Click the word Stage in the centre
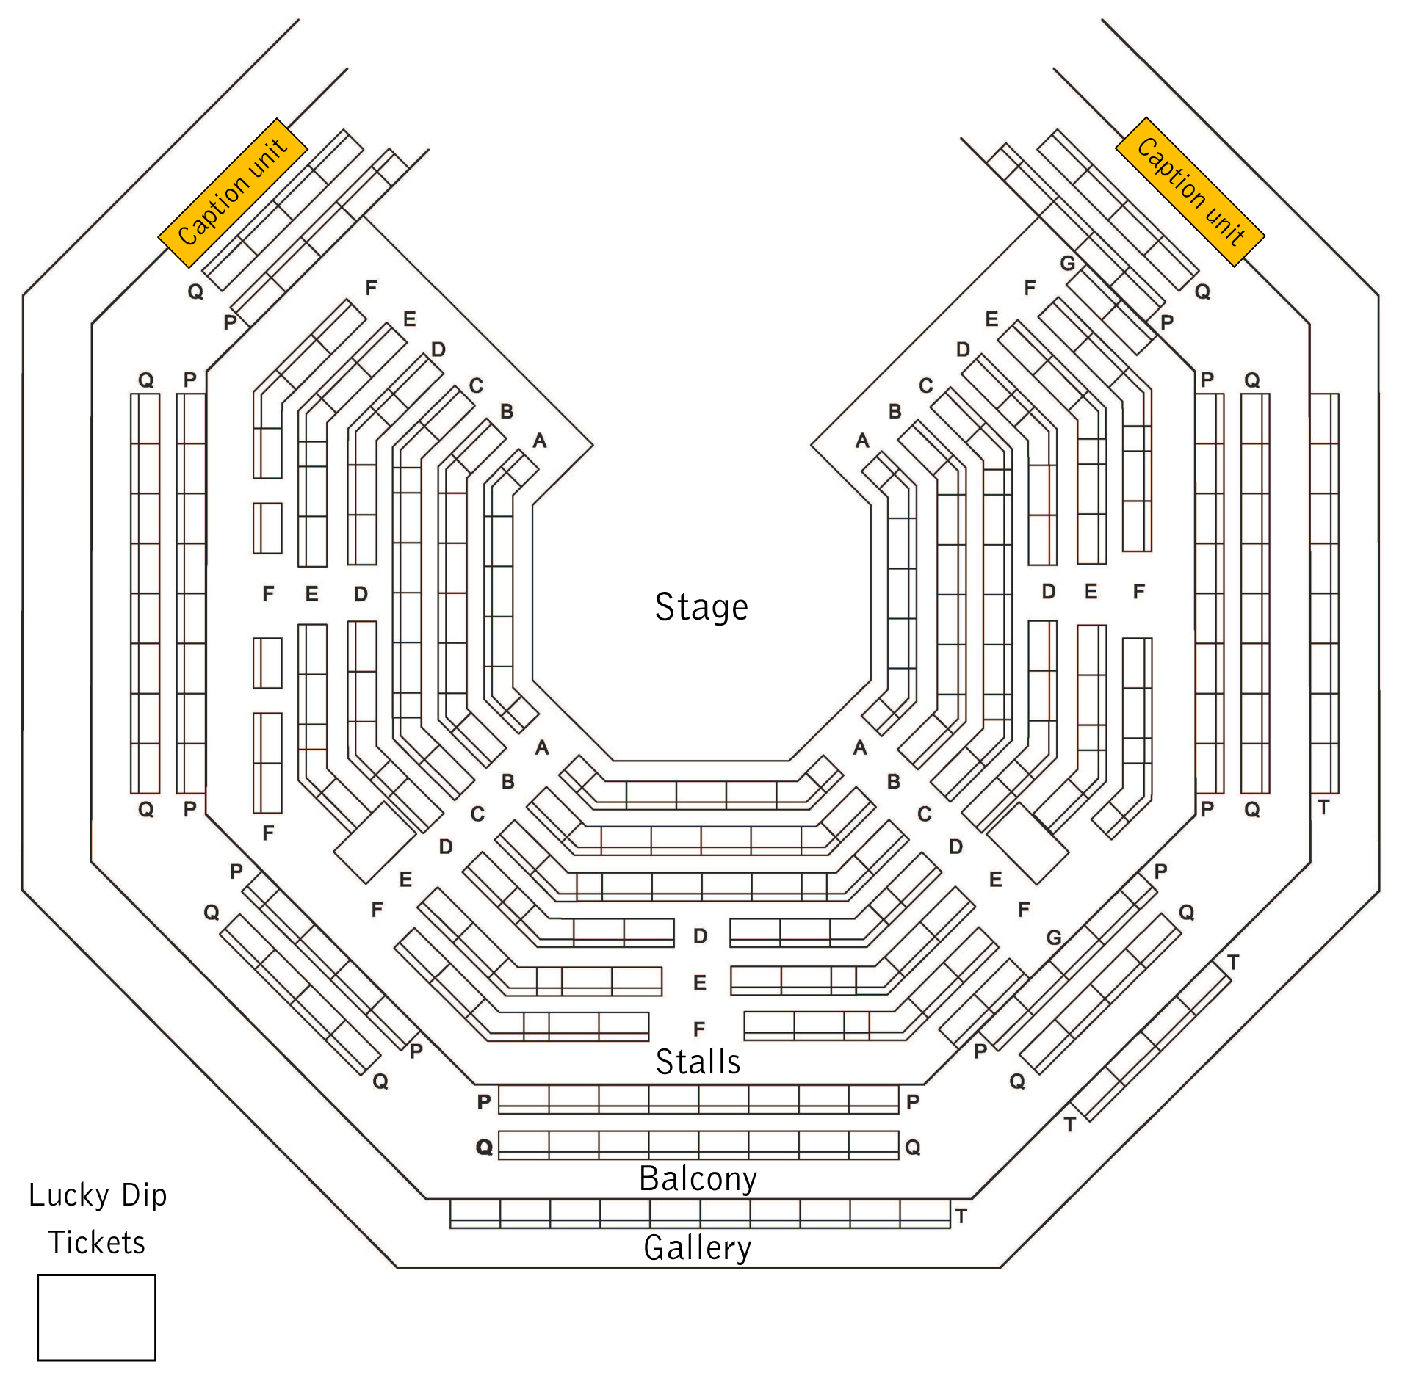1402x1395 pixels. point(701,607)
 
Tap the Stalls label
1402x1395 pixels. point(698,1062)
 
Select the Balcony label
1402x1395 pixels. point(698,1178)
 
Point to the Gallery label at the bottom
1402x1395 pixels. point(698,1247)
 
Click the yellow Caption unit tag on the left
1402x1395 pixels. point(233,192)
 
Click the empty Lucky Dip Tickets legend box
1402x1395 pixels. point(96,1317)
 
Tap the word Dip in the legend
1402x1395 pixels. point(144,1196)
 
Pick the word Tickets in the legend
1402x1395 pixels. point(97,1242)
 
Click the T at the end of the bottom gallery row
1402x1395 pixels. point(961,1216)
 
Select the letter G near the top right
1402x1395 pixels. point(1067,263)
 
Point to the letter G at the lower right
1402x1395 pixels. point(1054,938)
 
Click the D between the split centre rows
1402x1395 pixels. point(701,936)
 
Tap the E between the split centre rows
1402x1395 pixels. point(700,982)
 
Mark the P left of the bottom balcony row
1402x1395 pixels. point(483,1101)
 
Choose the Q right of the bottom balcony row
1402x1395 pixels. point(912,1147)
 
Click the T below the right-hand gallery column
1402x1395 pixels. point(1323,808)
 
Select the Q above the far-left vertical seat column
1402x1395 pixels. point(146,380)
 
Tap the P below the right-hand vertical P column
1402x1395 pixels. point(1207,808)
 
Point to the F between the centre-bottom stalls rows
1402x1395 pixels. point(699,1029)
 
